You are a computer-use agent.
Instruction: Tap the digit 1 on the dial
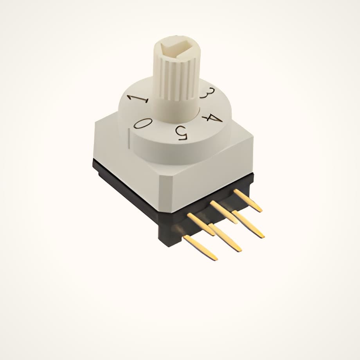coord(139,99)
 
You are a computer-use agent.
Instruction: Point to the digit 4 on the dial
coord(212,119)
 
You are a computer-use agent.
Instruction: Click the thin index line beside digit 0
coord(129,139)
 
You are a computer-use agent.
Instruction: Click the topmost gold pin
coord(248,200)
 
